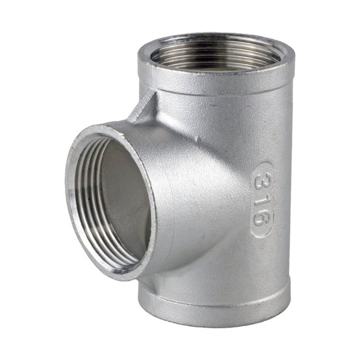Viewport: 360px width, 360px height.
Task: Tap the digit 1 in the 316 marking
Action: coord(261,198)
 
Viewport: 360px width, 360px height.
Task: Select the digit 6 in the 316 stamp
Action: coord(262,218)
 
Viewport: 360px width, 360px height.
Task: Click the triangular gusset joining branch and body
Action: coord(143,108)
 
